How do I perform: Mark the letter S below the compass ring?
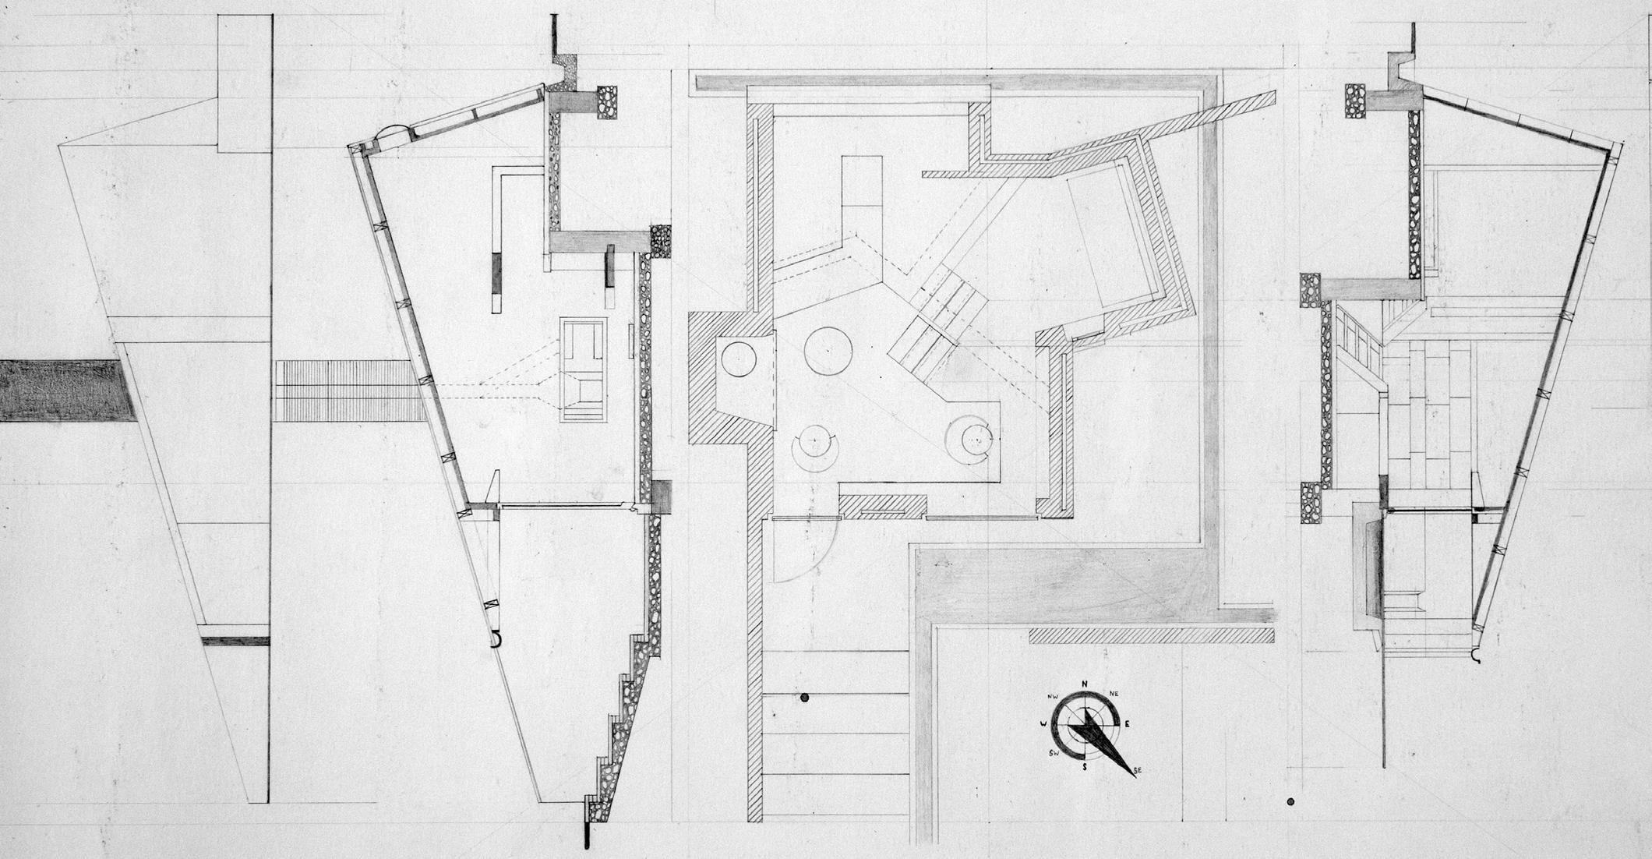click(1084, 766)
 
